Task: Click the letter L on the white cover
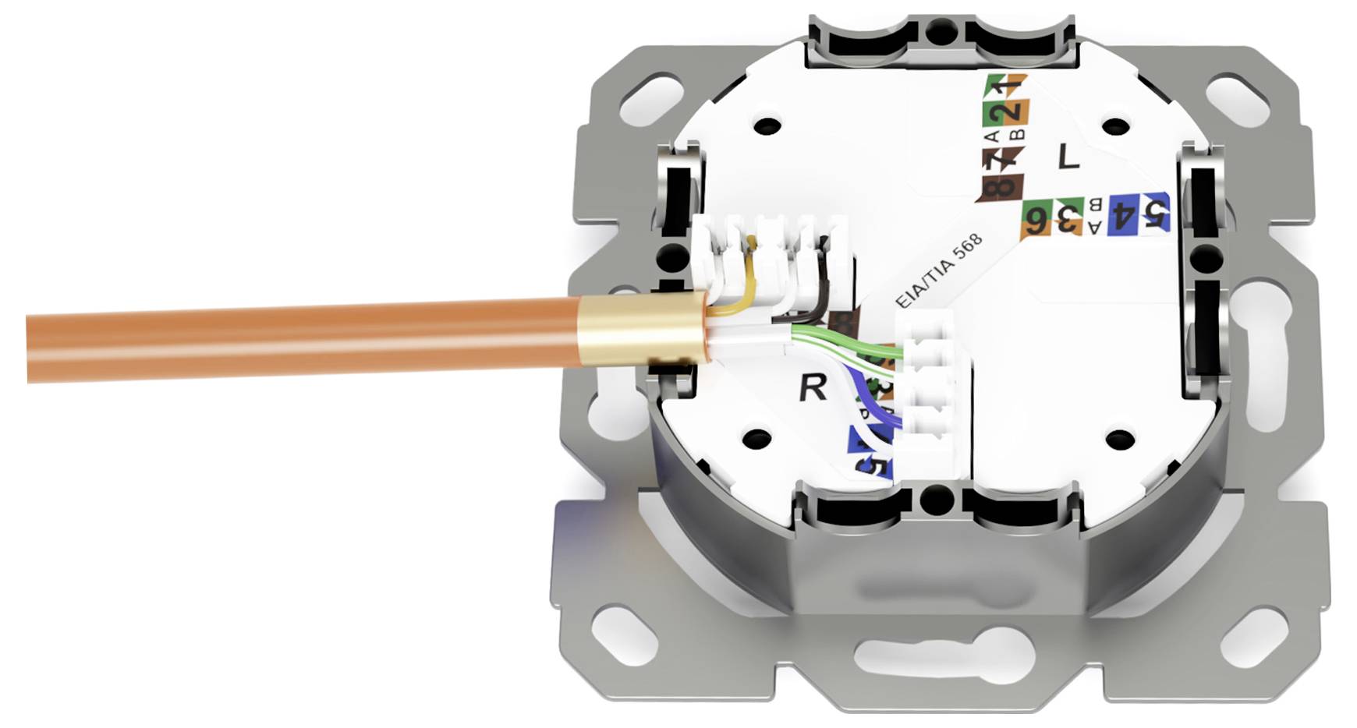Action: pos(1068,157)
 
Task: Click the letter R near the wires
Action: pos(813,387)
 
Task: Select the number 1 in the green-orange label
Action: pos(1008,84)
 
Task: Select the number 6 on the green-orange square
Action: pos(1036,220)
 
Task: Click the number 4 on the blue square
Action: pos(1124,214)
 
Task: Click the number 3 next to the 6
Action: pos(1067,218)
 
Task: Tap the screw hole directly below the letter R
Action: pos(756,439)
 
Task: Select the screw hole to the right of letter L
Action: pos(1116,125)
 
